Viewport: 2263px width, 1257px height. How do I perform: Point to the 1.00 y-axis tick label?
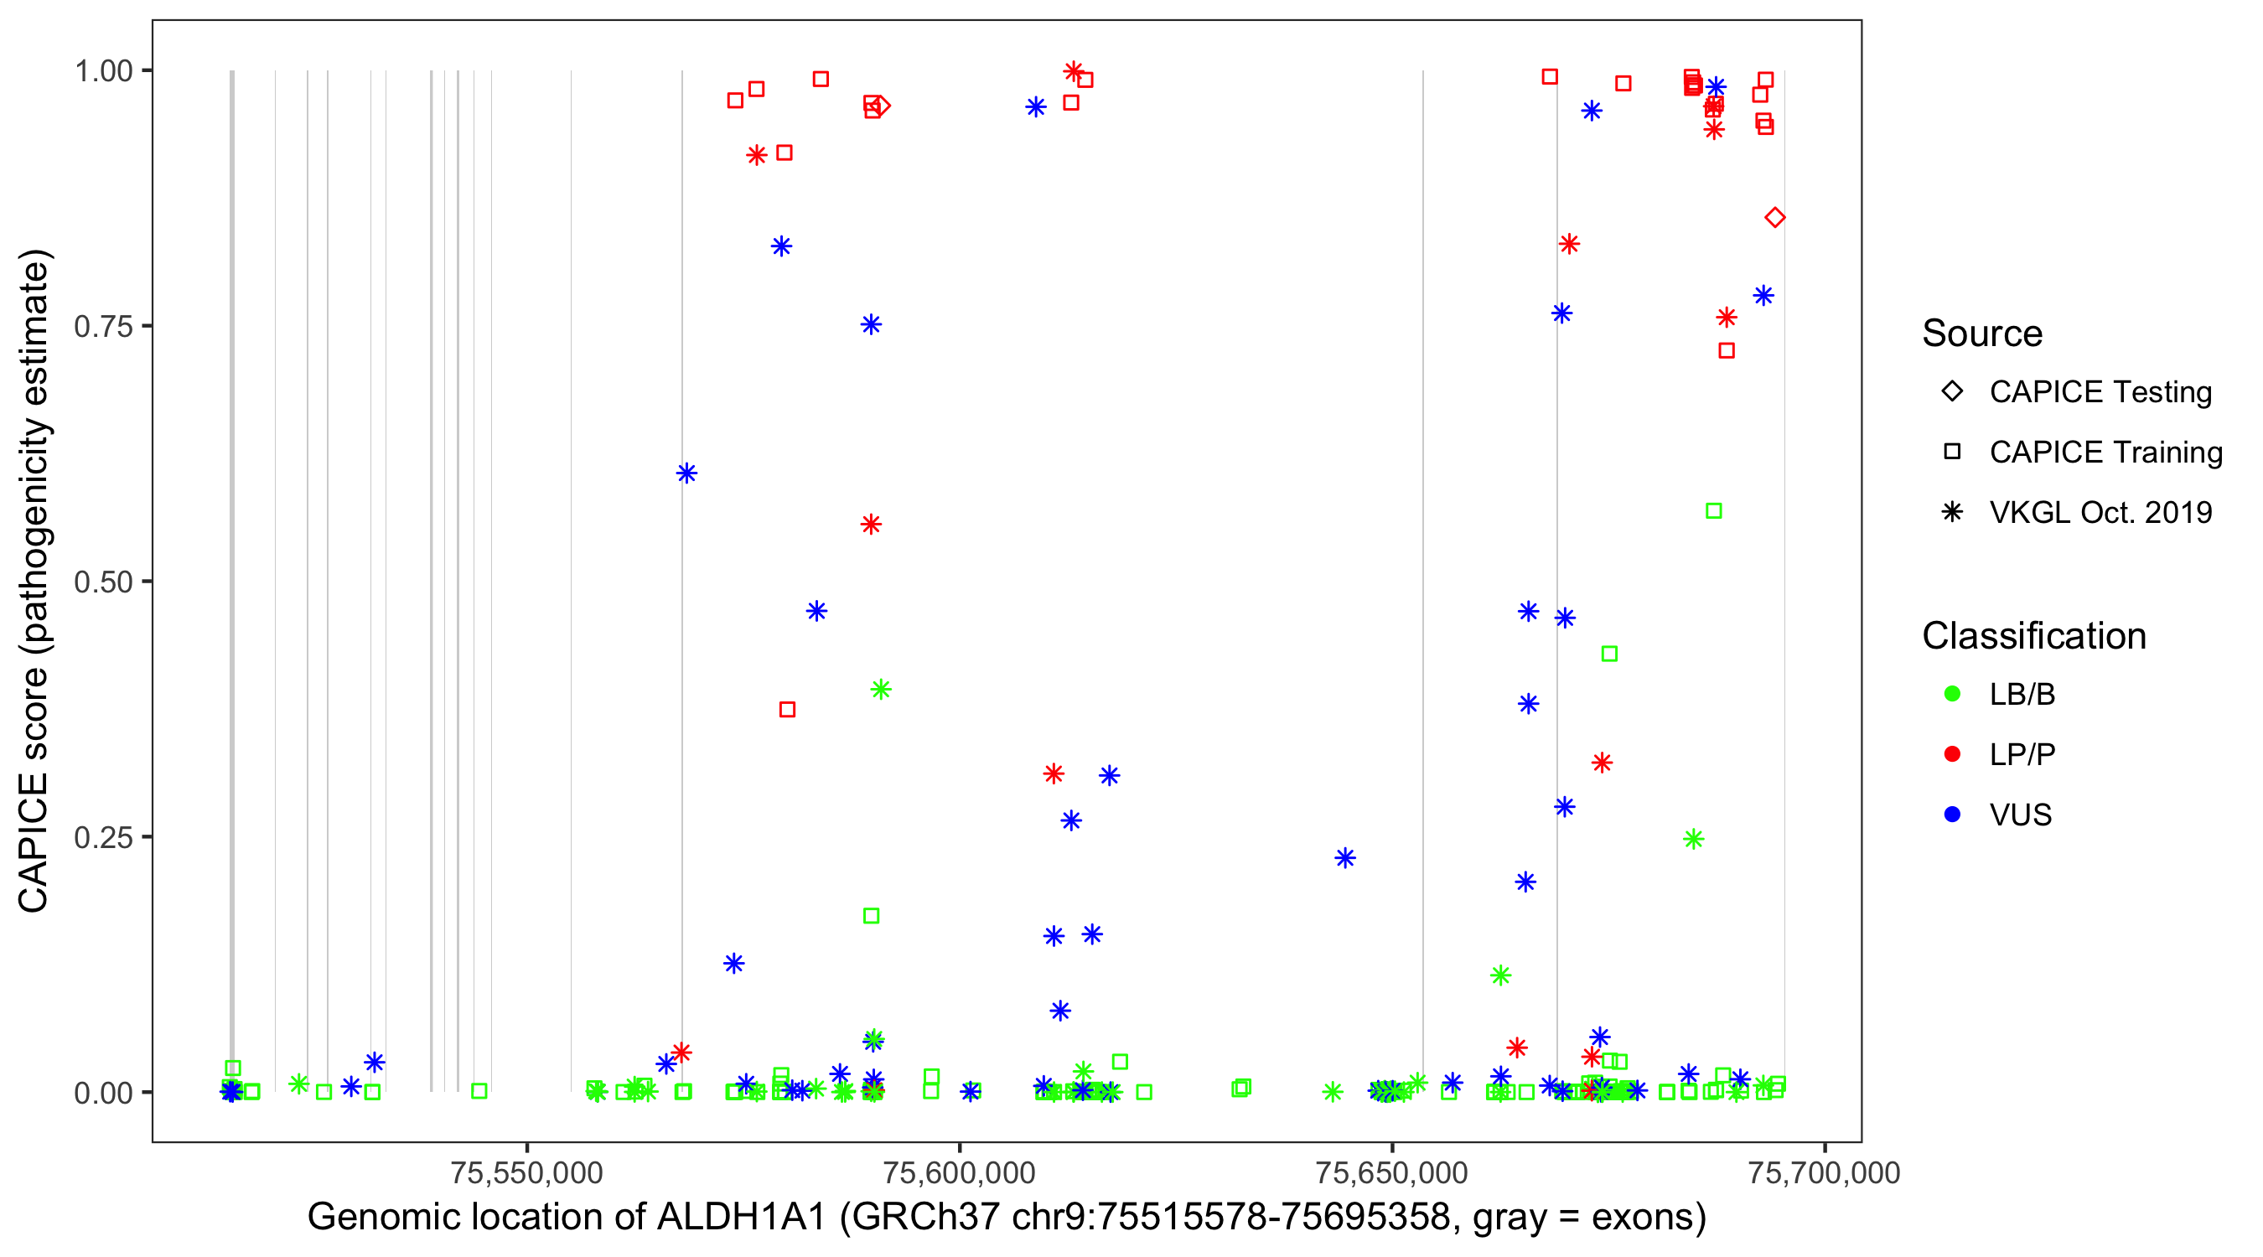102,71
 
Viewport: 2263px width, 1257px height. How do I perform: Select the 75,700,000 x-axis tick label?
1824,1172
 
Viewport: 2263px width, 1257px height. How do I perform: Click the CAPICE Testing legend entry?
2100,392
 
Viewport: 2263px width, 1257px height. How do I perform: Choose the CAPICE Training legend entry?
2105,453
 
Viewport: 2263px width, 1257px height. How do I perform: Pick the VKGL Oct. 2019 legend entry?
2100,512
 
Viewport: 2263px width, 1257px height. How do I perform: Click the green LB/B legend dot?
1952,694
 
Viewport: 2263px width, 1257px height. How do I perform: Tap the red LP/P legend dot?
1952,754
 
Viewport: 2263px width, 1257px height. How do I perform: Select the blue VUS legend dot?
1952,815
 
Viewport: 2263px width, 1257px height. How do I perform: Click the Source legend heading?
1982,334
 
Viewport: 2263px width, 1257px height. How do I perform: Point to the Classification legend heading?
2033,636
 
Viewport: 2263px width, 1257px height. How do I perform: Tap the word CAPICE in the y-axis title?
34,842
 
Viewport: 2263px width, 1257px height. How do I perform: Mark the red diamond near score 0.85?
1774,218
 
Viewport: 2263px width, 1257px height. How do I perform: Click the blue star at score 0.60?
686,473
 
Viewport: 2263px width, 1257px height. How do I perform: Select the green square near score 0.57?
1713,511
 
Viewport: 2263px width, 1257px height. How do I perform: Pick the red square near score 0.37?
787,709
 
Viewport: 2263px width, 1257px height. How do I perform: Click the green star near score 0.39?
880,690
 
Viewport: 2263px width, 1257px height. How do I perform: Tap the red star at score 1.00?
1073,71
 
